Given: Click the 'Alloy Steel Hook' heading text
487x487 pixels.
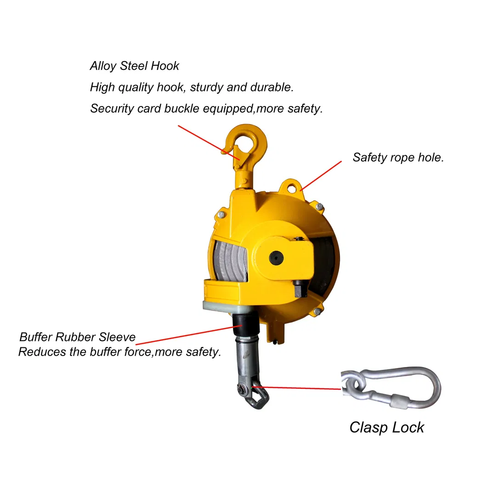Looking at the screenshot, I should click(134, 66).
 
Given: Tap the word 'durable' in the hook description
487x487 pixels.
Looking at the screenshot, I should click(271, 87).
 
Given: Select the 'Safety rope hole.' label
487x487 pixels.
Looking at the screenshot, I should click(398, 157).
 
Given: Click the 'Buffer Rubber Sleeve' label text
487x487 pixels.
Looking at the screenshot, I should click(77, 337).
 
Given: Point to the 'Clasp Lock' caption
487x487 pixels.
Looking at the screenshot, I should click(386, 427).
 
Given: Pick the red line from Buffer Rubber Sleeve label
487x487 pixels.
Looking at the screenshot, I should click(184, 335).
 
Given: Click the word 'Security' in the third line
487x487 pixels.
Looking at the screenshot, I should click(110, 108).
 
